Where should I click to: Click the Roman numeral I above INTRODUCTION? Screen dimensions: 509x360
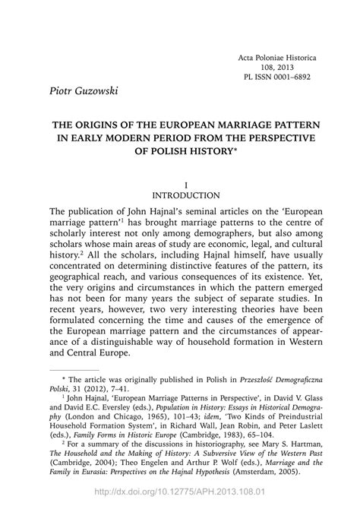[x=180, y=184]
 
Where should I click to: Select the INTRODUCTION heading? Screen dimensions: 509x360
[x=180, y=195]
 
